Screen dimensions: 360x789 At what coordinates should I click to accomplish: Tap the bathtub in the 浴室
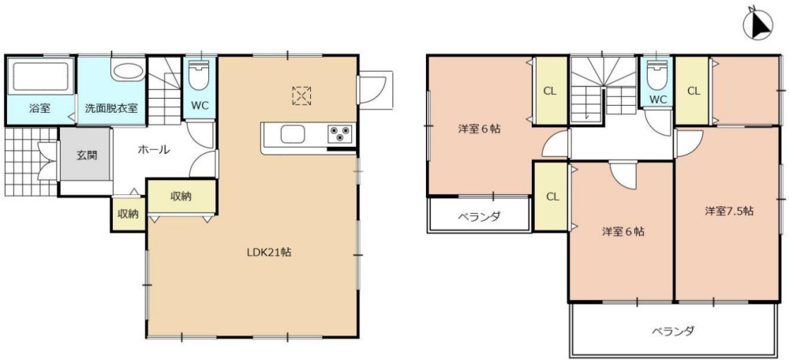pos(41,77)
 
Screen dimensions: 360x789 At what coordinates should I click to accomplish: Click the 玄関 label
pos(87,156)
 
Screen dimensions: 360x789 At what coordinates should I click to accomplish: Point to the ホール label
pos(153,149)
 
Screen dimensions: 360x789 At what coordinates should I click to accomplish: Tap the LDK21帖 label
pos(269,253)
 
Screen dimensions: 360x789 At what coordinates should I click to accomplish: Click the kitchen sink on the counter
pos(294,133)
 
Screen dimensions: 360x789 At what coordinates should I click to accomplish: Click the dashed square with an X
pos(301,95)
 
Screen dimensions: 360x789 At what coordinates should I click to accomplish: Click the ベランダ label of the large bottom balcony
pos(673,332)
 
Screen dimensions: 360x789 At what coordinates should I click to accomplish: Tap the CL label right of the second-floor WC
pos(693,91)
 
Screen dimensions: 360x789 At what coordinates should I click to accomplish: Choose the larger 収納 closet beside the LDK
pos(181,197)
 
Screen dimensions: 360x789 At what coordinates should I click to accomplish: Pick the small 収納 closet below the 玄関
pos(128,214)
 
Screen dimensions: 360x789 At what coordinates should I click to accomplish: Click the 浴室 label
pos(39,108)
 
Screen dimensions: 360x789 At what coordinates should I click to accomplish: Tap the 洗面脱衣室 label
pos(111,108)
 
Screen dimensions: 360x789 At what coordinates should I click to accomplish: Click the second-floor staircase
pos(604,91)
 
